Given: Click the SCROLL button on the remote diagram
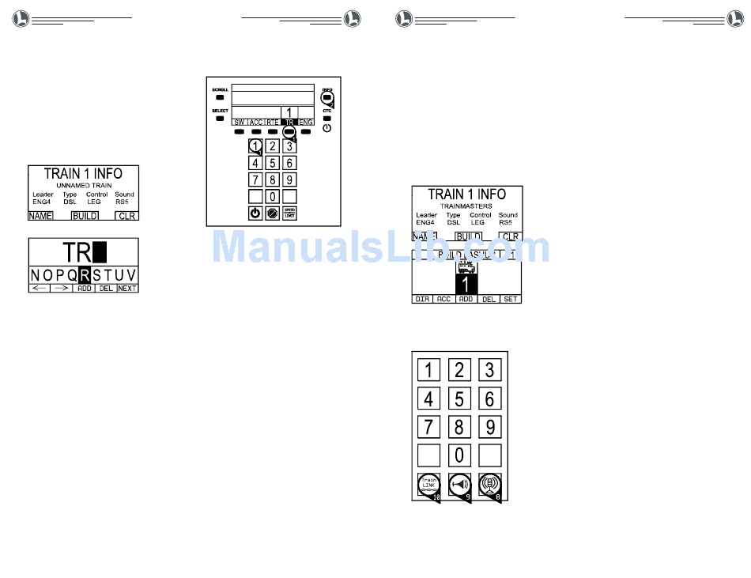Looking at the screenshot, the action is coord(220,98).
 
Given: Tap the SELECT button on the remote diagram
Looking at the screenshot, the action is coord(220,119).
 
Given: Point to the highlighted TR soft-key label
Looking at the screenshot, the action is coord(289,123).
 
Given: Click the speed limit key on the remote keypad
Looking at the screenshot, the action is coord(290,213).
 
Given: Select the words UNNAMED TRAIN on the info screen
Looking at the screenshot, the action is coord(84,185).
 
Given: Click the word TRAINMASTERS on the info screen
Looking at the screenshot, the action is coord(466,206).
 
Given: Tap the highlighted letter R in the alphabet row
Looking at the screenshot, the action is coord(85,275).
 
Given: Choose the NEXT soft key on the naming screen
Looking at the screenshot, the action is coord(127,289).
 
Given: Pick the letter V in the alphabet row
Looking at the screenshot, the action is coord(131,275).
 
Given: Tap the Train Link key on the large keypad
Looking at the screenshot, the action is coord(428,484).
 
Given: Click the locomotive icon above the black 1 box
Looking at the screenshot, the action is coord(466,267).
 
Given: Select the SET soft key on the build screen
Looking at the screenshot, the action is coord(511,300).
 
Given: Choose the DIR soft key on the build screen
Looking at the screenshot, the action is coord(423,300).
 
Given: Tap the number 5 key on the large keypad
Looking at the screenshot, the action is coord(459,399).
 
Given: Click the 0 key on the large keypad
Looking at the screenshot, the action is coord(459,455).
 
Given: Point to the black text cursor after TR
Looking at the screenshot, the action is coord(100,252).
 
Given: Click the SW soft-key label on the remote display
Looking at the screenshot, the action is coord(239,123).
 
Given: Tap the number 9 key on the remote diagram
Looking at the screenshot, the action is coord(290,179).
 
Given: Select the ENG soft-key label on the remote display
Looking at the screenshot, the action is coord(306,123).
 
